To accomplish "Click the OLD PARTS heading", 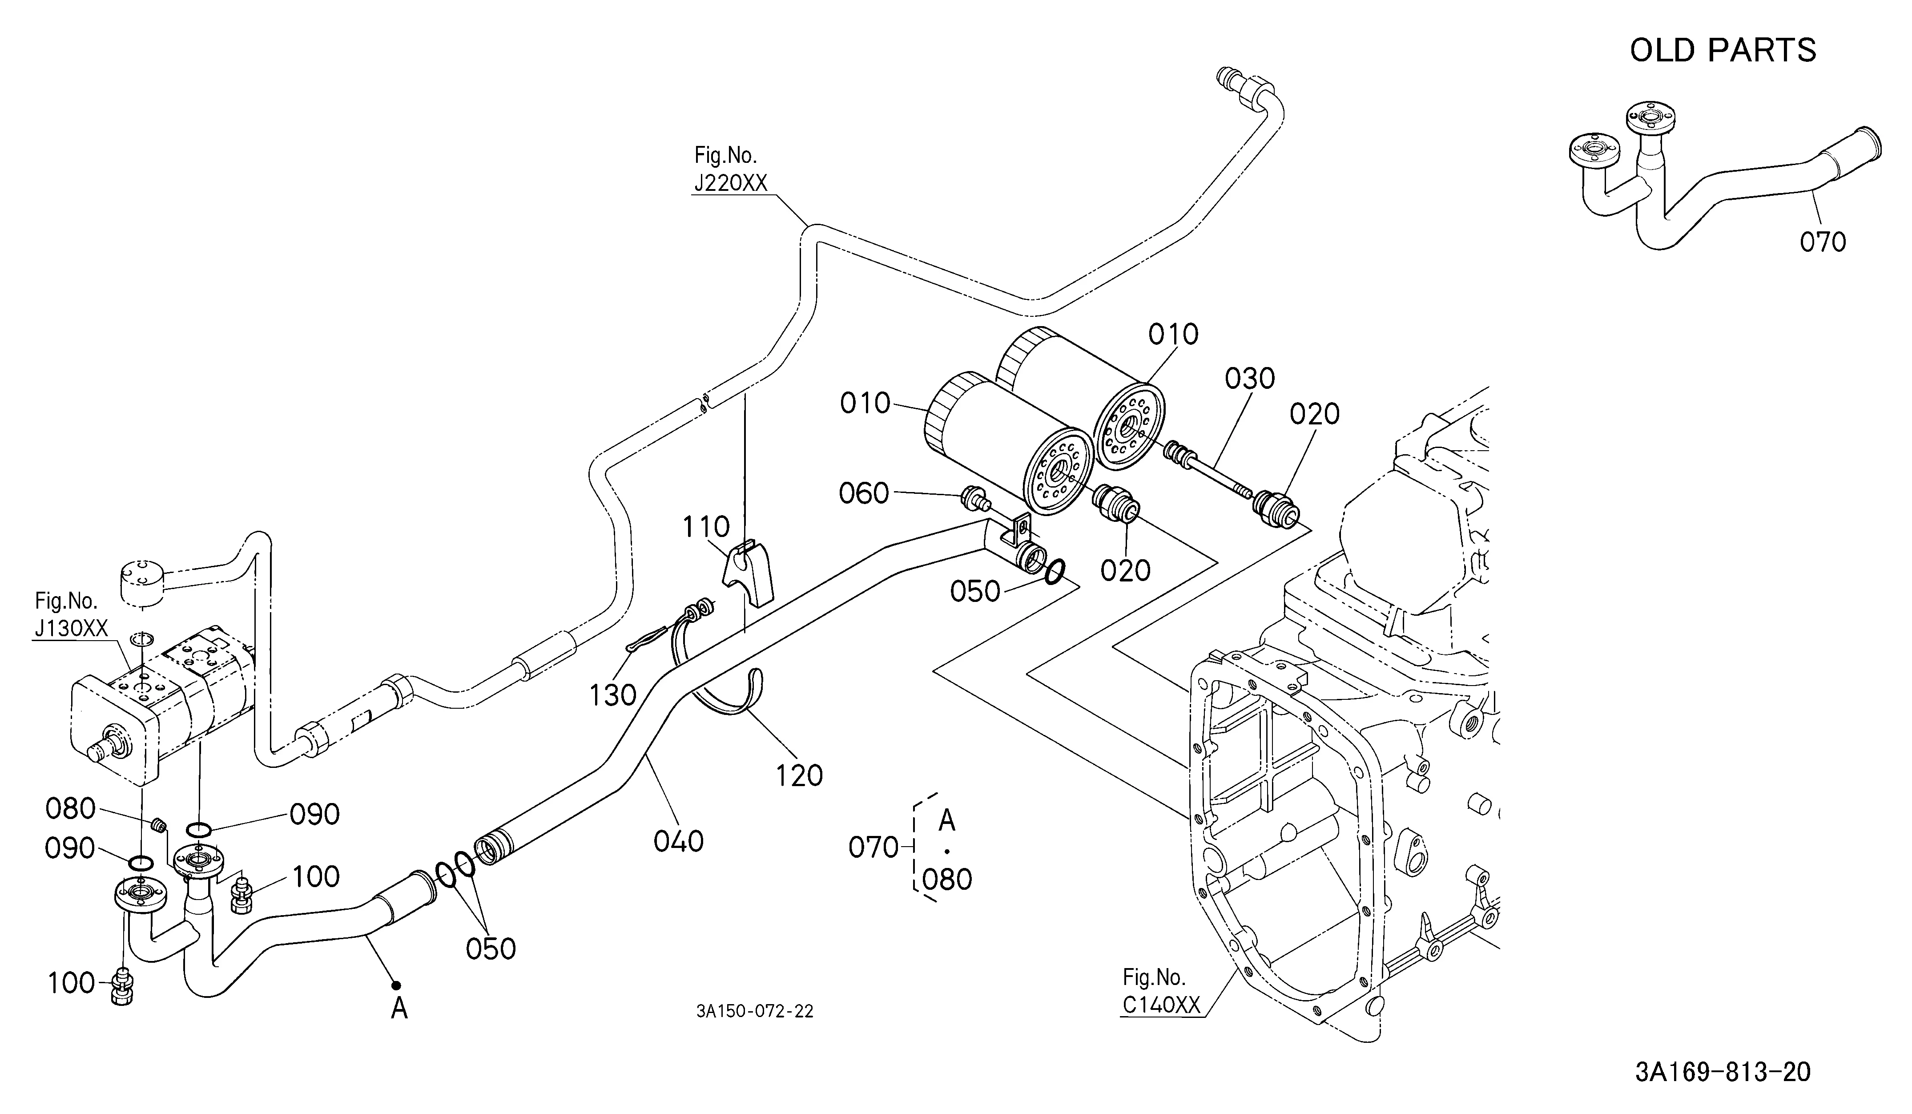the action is (x=1723, y=50).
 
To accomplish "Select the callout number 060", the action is (x=863, y=493).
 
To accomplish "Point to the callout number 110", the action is (x=706, y=527).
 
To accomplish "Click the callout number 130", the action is (x=613, y=694).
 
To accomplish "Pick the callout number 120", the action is (x=799, y=775).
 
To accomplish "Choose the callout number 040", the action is (x=678, y=841).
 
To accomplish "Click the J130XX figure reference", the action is (x=71, y=628).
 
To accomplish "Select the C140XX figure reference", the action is (x=1161, y=1005).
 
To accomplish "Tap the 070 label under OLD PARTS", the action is (x=1823, y=243).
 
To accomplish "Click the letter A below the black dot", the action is (x=399, y=1009).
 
